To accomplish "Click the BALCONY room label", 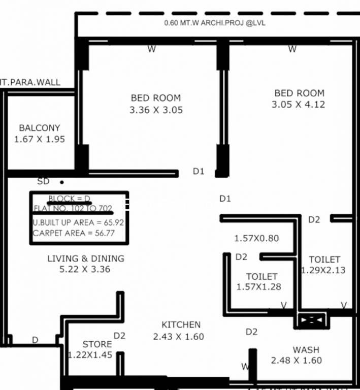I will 40,128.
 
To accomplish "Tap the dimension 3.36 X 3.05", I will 156,110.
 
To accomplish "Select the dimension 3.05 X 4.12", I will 299,105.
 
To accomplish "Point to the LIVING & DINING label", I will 85,258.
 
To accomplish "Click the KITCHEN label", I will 181,324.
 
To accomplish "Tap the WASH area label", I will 306,349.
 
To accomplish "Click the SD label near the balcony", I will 44,181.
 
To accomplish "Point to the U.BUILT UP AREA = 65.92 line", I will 78,222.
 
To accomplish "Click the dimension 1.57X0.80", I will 256,238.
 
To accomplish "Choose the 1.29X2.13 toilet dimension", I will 323,270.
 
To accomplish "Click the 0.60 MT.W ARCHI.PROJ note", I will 215,23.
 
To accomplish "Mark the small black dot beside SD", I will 62,182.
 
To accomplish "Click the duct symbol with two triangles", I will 311,321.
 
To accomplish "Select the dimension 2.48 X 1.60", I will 297,361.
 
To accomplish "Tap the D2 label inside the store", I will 119,335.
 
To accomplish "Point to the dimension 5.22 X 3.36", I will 85,269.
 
